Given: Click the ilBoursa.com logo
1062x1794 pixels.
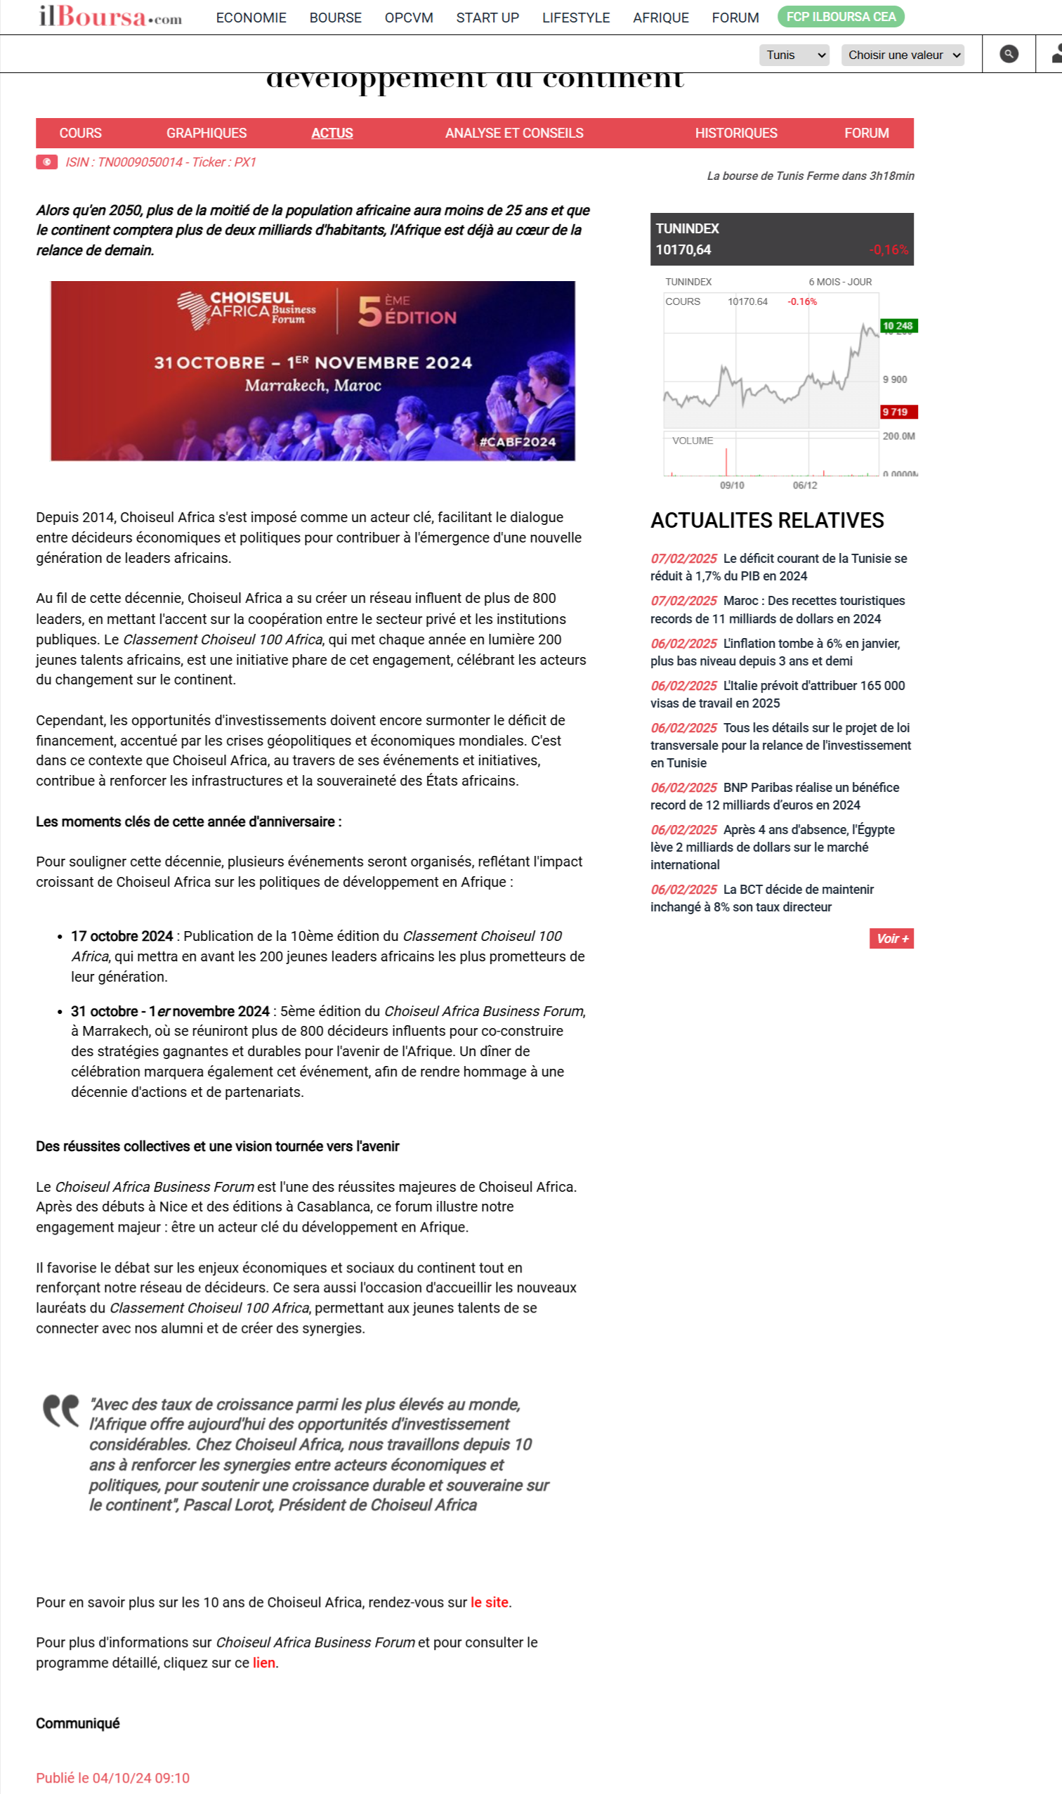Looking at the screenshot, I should pyautogui.click(x=110, y=16).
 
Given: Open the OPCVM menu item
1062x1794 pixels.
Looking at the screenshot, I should pyautogui.click(x=409, y=18).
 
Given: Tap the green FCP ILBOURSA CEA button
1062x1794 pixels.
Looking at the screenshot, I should pyautogui.click(x=840, y=17).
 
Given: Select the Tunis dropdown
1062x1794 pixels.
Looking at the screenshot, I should pyautogui.click(x=794, y=55).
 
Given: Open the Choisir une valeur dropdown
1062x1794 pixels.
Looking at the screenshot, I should pyautogui.click(x=902, y=55).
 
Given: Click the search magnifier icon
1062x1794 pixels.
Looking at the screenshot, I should pyautogui.click(x=1009, y=54).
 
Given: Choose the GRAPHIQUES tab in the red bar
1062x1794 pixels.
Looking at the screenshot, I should pyautogui.click(x=206, y=133).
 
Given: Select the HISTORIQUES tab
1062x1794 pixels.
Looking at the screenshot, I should pyautogui.click(x=735, y=133).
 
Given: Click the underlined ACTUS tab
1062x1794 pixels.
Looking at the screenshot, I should pyautogui.click(x=332, y=133).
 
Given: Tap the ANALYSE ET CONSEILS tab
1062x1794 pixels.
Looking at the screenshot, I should pyautogui.click(x=514, y=133).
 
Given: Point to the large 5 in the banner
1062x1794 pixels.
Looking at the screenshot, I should pyautogui.click(x=370, y=311).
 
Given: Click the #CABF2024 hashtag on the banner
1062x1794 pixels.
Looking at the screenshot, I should pyautogui.click(x=518, y=442).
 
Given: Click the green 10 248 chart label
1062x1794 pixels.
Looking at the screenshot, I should pyautogui.click(x=898, y=327).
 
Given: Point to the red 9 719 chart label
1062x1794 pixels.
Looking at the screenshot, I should pyautogui.click(x=898, y=412).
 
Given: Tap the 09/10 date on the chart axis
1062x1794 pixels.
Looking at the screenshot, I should pyautogui.click(x=731, y=486).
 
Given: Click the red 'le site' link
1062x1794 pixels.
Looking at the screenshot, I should pyautogui.click(x=489, y=1602).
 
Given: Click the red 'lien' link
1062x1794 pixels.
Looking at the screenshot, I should pyautogui.click(x=263, y=1663).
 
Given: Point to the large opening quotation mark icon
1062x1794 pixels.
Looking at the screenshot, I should pyautogui.click(x=61, y=1410).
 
